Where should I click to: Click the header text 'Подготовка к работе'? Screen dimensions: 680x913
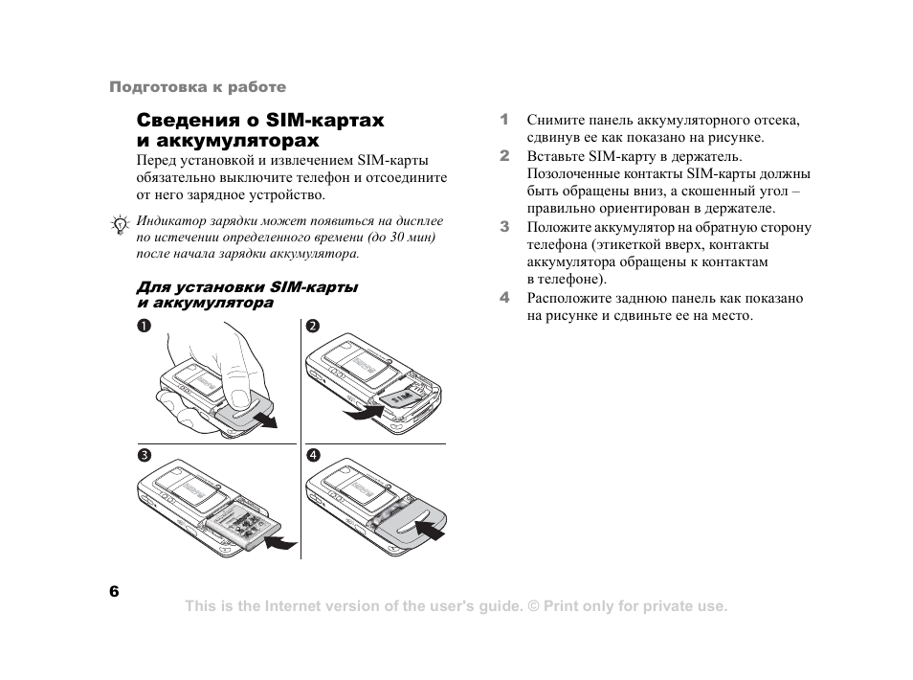(x=197, y=87)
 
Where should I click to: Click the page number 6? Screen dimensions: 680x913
(x=114, y=591)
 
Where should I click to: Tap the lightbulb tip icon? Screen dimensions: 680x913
(x=120, y=226)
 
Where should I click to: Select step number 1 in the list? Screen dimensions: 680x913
(x=503, y=120)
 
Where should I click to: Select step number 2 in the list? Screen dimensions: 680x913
(x=503, y=155)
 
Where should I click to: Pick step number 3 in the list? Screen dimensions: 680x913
(x=503, y=227)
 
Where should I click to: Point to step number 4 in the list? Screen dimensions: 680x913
(x=503, y=298)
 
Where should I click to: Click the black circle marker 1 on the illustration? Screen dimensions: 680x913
(x=142, y=327)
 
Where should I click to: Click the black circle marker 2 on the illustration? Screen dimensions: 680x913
(x=312, y=327)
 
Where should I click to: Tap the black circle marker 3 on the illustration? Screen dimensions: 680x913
(x=142, y=455)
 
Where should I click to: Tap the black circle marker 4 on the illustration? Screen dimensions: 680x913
(x=312, y=455)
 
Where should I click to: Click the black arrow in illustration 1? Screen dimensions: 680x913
(x=270, y=421)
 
